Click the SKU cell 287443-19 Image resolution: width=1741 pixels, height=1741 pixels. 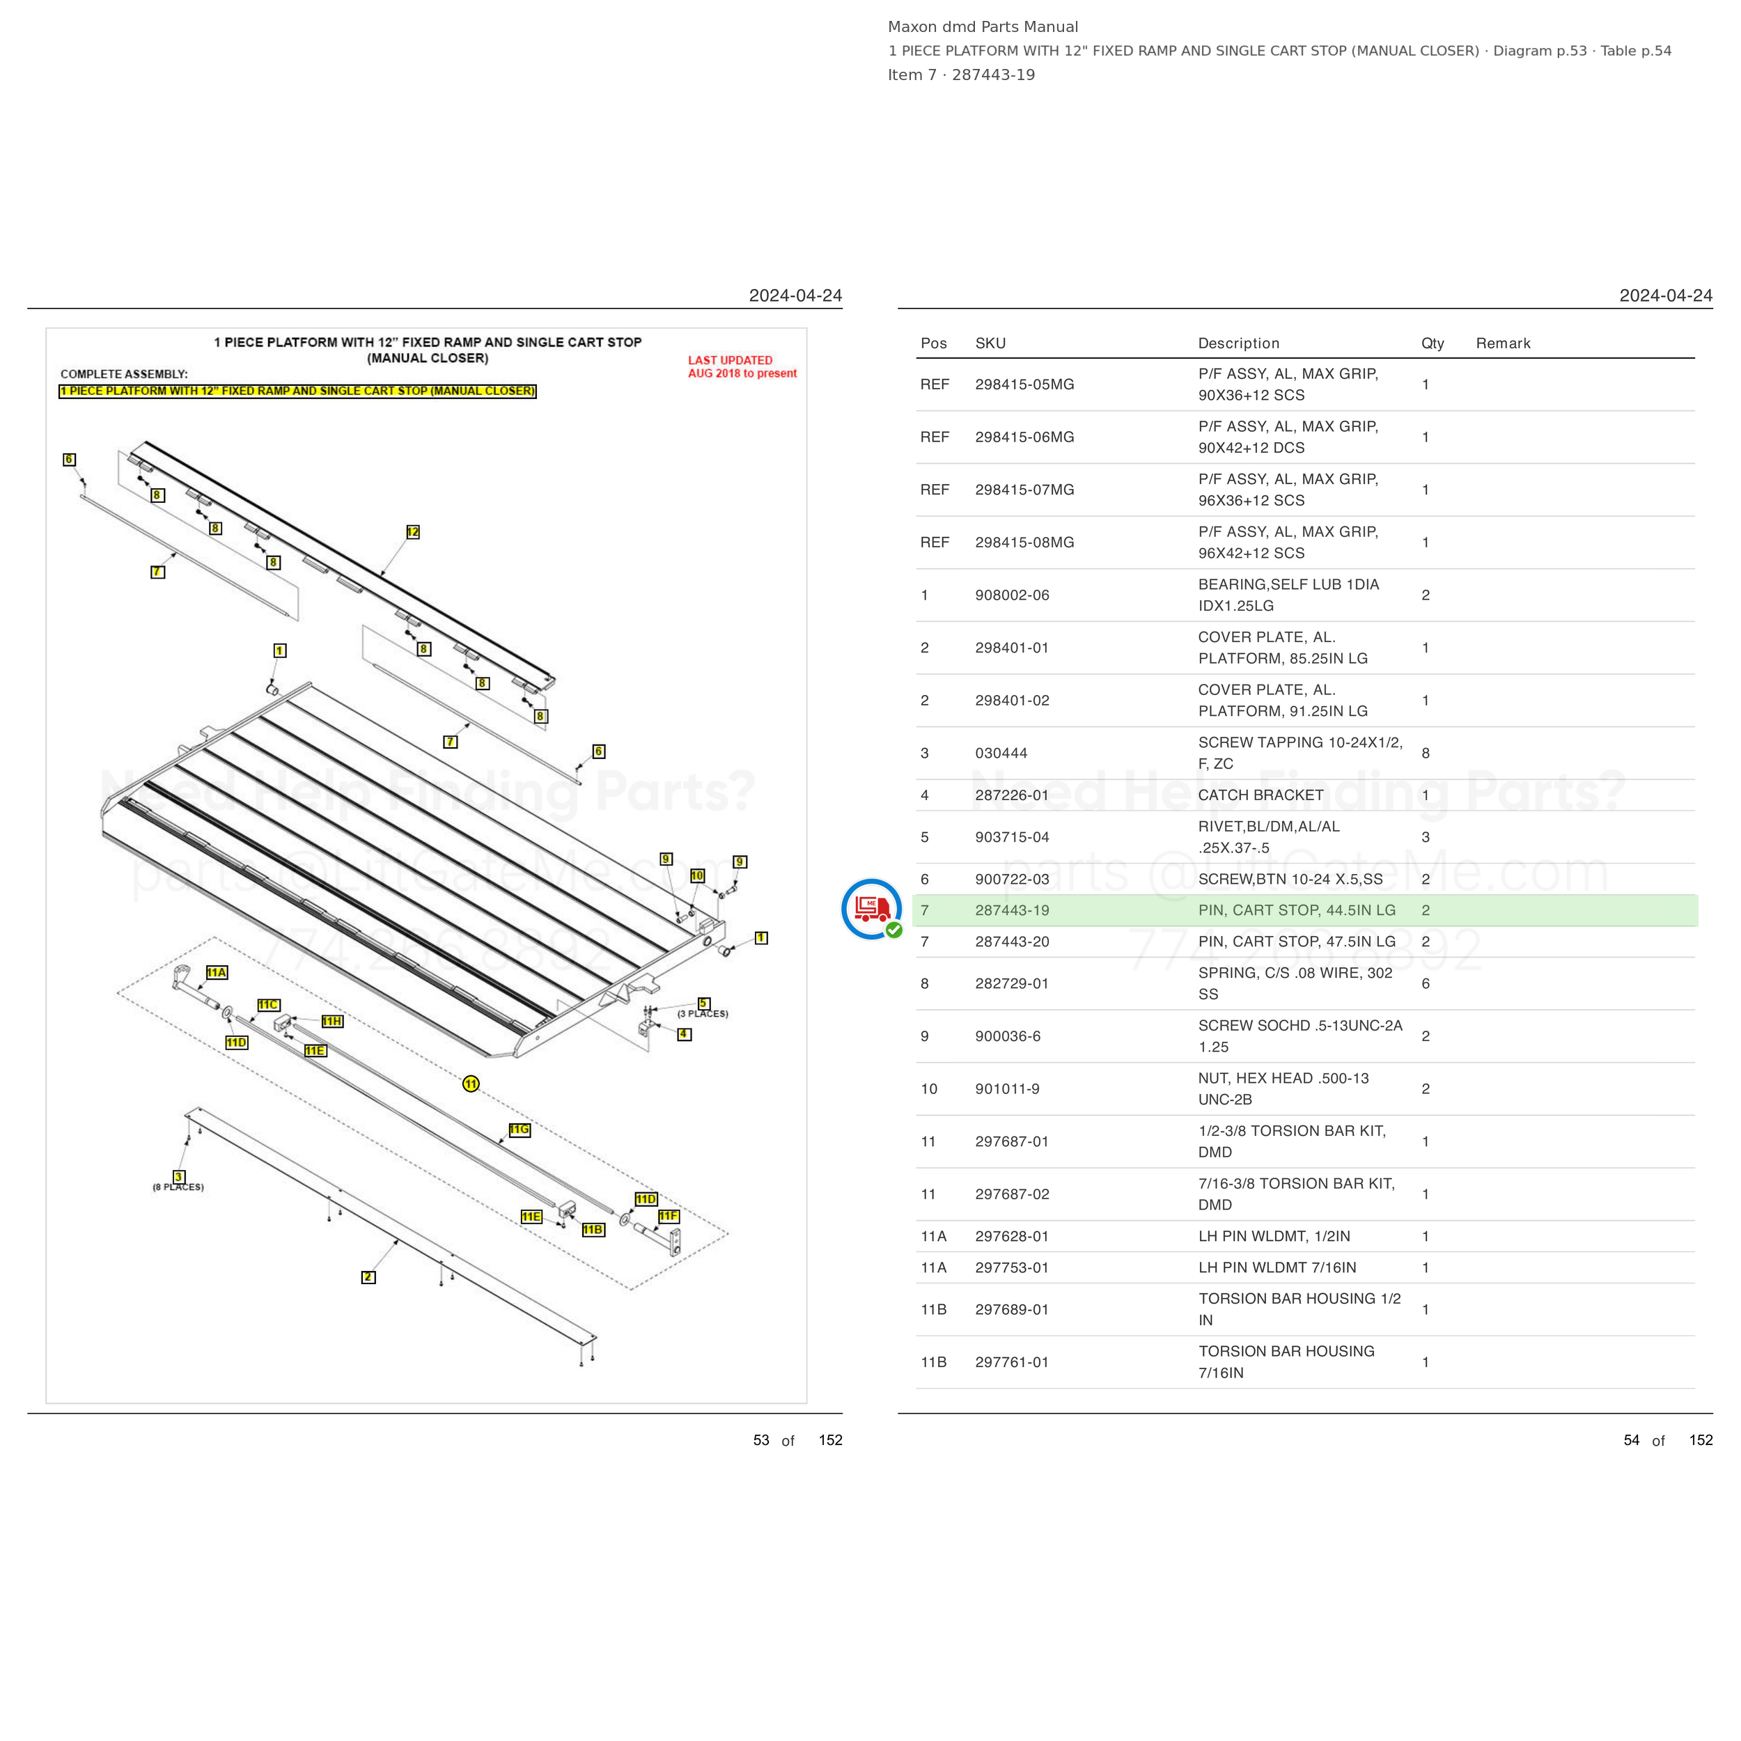click(x=1012, y=910)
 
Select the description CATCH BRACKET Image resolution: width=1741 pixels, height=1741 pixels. click(x=1260, y=795)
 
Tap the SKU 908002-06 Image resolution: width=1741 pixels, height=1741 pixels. click(x=1012, y=595)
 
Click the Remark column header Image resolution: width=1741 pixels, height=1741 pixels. click(x=1503, y=343)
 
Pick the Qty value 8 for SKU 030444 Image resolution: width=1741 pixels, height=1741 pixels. click(x=1426, y=754)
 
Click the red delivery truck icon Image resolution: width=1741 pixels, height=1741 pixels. click(x=871, y=908)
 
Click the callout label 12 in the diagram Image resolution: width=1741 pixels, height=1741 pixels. click(x=413, y=531)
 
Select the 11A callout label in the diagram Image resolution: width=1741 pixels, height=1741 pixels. click(x=217, y=972)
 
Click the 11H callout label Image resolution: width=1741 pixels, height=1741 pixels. click(x=332, y=1021)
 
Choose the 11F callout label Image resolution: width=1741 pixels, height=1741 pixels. click(x=669, y=1216)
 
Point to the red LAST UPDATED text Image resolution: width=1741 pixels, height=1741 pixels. click(x=730, y=361)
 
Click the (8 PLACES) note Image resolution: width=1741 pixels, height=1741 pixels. click(x=178, y=1187)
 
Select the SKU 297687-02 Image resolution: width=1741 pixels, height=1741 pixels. click(x=1012, y=1194)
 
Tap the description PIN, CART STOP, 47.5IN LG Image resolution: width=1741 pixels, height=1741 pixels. click(x=1297, y=942)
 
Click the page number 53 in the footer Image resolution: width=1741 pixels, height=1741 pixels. click(x=761, y=1440)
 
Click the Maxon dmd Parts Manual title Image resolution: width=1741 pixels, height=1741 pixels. click(x=983, y=27)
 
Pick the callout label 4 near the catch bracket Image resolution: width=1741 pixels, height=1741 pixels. click(x=685, y=1035)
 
